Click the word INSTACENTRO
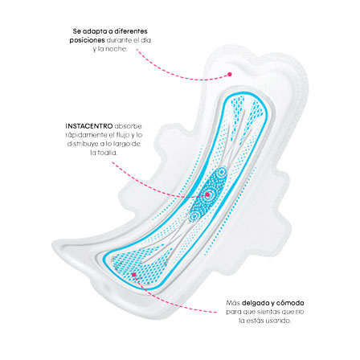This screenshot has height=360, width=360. [89, 126]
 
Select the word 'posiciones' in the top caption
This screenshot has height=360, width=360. [87, 41]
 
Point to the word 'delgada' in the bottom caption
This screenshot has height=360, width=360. [255, 303]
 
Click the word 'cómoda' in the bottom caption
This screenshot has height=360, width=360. [290, 303]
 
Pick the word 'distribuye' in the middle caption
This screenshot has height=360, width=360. [82, 144]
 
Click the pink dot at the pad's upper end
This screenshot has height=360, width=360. [230, 74]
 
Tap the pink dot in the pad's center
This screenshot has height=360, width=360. [207, 194]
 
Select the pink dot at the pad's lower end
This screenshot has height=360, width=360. [134, 274]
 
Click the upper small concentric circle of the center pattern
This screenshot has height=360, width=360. [222, 172]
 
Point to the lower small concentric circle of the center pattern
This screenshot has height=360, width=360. [194, 215]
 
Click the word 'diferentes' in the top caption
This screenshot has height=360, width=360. [131, 31]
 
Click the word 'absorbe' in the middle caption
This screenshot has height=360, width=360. [129, 126]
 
